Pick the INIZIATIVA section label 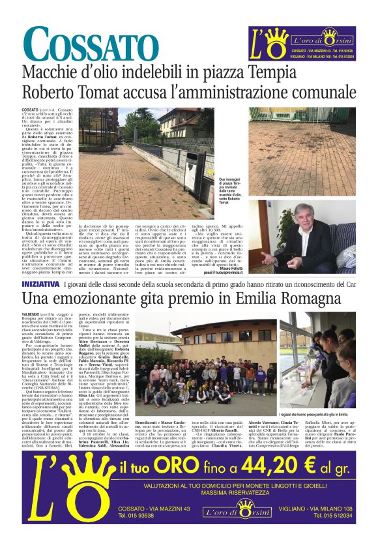tap(42, 285)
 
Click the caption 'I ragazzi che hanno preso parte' tap(317, 413)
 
